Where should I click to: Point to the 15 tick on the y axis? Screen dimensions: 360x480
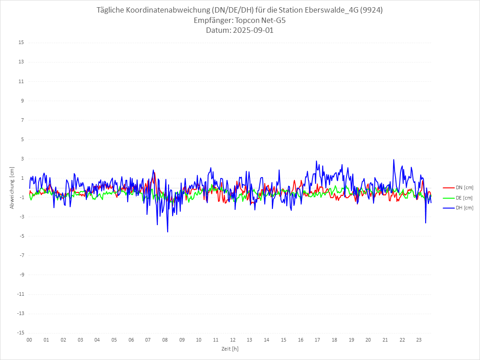21,43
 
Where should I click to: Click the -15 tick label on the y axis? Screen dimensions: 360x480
20,333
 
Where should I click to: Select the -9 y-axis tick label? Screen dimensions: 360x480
21,275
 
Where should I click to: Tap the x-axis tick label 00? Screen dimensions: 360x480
29,340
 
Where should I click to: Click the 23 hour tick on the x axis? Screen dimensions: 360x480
419,340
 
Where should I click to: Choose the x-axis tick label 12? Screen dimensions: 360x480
232,340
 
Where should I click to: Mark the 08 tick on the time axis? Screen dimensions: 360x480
165,340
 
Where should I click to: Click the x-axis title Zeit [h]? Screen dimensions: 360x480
230,348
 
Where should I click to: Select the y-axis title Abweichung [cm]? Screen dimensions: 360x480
12,187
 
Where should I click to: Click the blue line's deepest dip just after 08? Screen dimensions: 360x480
168,232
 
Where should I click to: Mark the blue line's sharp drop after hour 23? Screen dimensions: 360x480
426,223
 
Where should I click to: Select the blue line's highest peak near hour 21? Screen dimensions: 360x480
394,160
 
